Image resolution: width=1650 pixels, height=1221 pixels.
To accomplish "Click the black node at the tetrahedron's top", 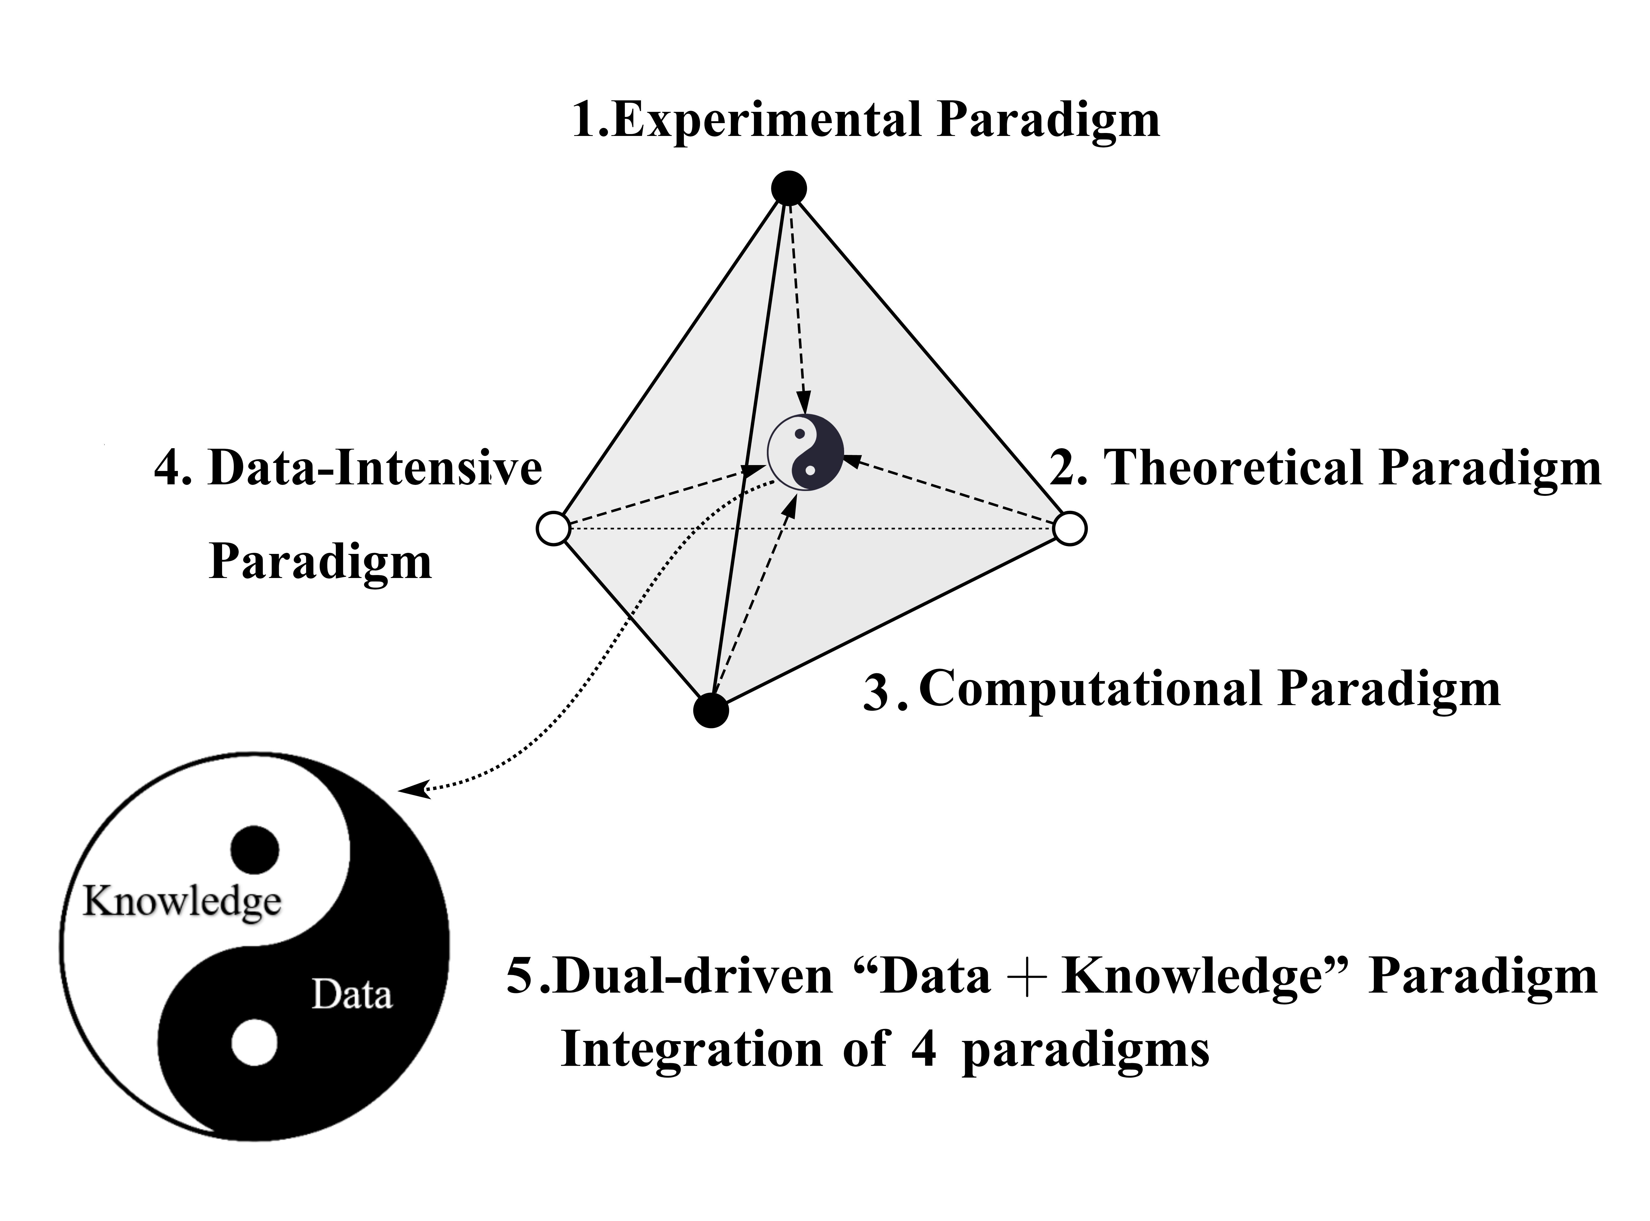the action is [x=788, y=188].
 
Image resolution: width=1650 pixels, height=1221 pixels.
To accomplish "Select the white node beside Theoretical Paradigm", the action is [x=1069, y=528].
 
